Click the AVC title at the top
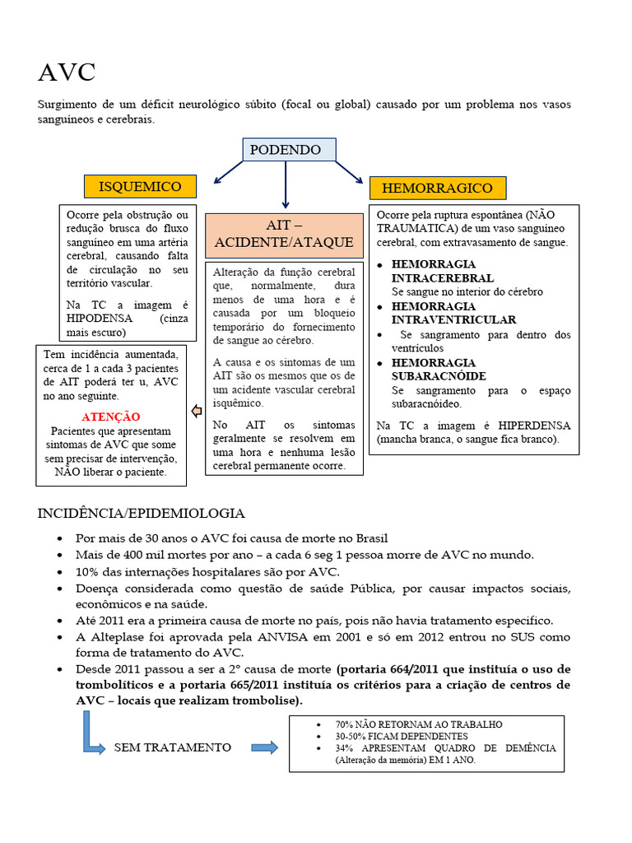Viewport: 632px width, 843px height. [67, 72]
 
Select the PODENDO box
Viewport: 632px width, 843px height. [286, 150]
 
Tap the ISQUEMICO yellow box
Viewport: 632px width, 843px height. [140, 186]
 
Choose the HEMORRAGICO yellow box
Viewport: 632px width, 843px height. [437, 188]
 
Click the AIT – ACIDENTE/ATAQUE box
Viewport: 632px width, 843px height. [284, 235]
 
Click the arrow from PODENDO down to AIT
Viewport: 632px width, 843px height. [286, 184]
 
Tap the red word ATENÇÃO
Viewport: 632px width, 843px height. [111, 417]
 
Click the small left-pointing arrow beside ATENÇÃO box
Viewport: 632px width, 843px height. [197, 411]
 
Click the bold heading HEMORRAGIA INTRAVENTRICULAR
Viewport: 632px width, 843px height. [454, 313]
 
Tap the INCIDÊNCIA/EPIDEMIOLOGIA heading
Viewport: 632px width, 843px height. [141, 513]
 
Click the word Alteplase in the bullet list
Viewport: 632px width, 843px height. [117, 637]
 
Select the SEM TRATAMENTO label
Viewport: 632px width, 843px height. [172, 748]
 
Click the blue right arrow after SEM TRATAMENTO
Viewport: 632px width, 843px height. [264, 748]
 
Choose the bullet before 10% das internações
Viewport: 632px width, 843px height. [63, 572]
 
